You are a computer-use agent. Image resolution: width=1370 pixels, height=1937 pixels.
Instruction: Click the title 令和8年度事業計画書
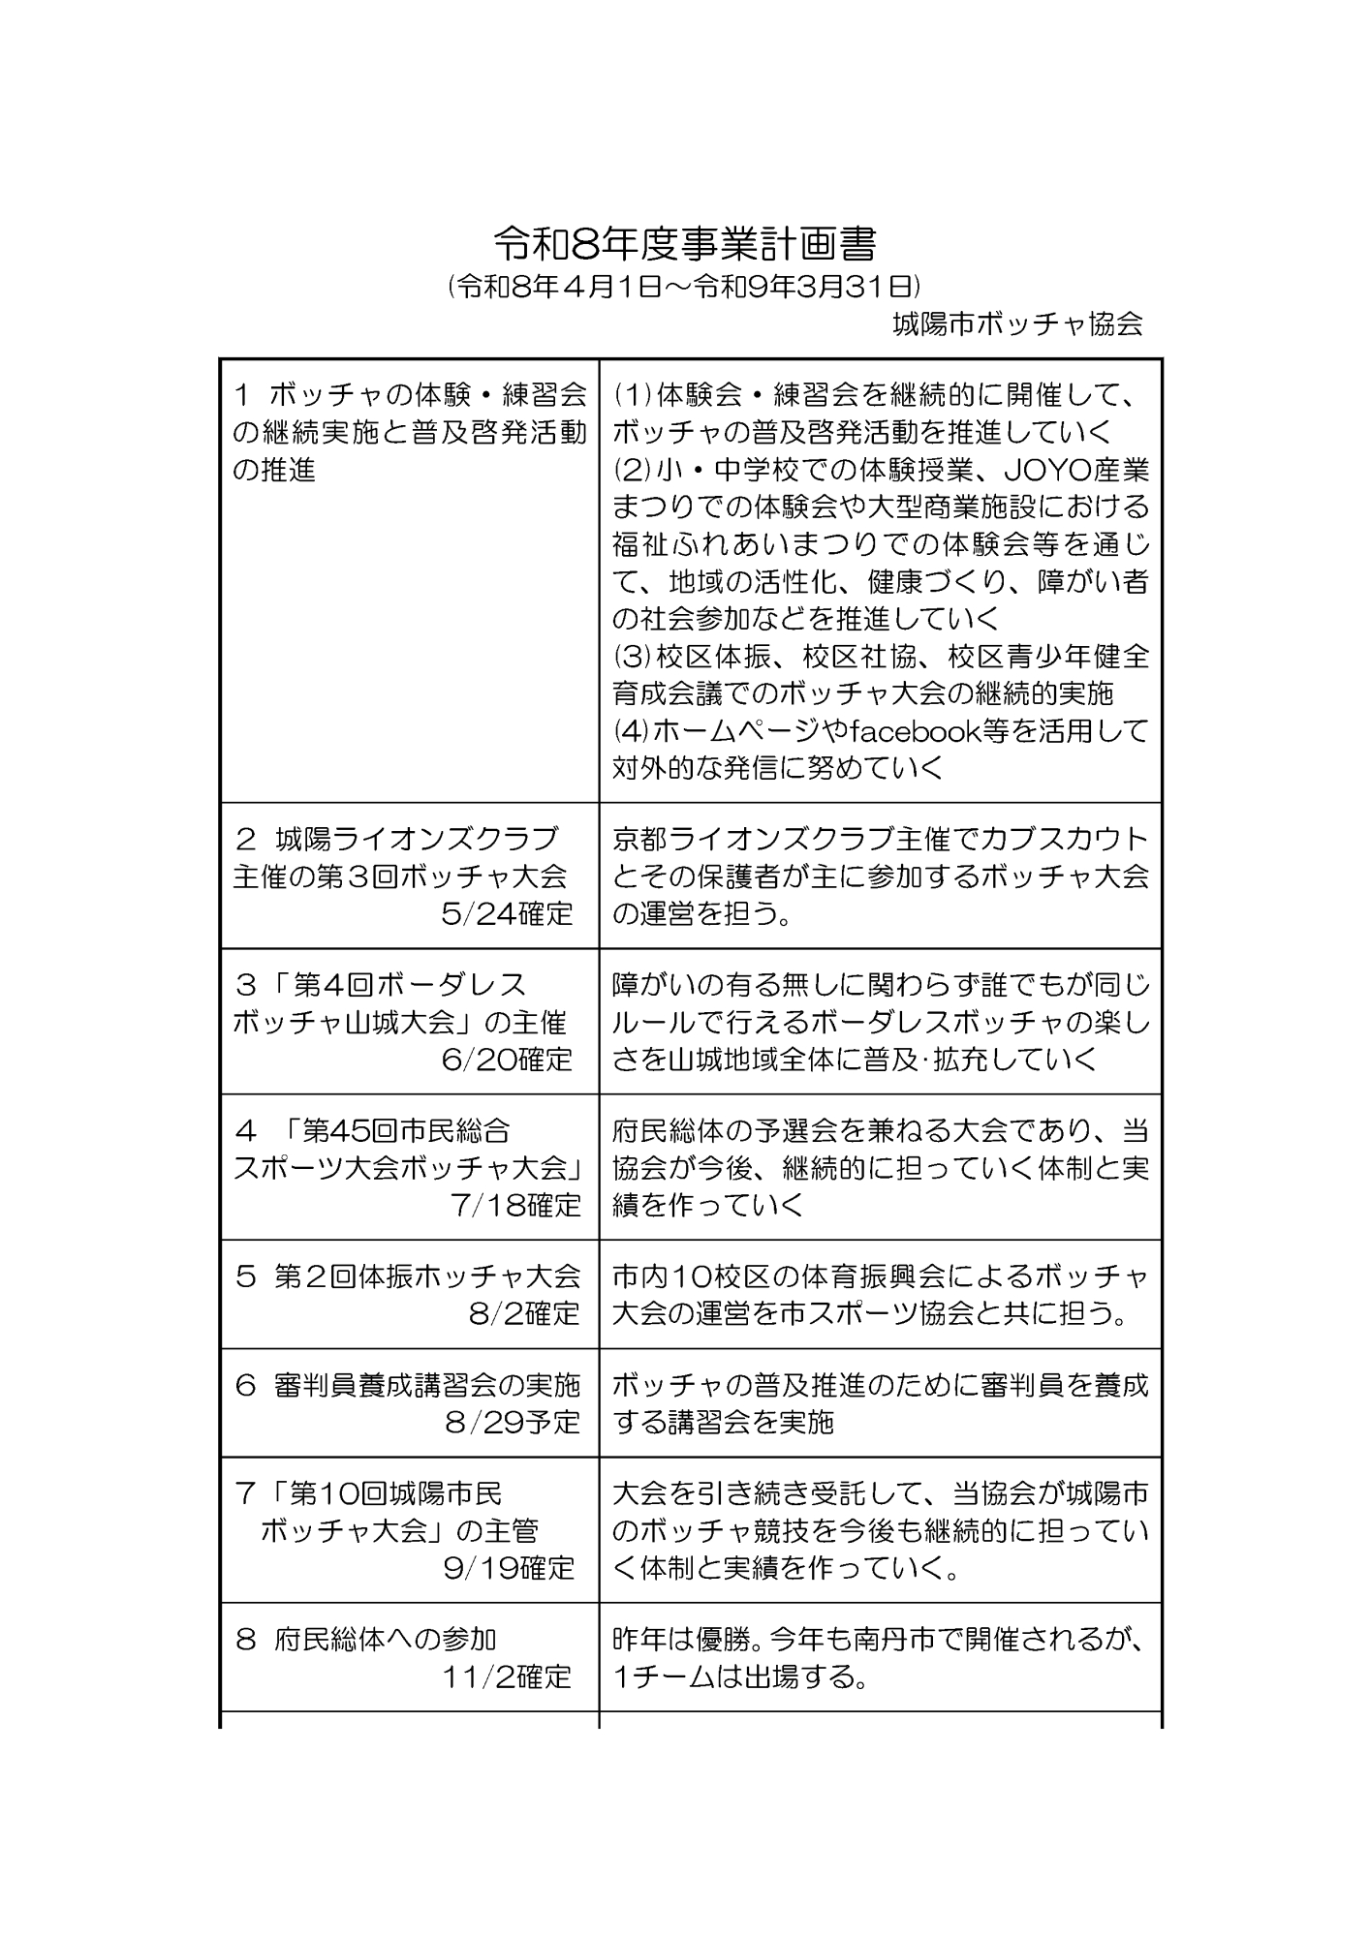click(684, 245)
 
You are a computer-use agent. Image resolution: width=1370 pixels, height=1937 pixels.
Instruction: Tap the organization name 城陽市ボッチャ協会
click(1017, 323)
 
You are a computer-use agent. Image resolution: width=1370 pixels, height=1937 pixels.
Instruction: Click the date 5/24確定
click(507, 913)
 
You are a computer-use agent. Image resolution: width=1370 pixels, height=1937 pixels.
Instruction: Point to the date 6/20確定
click(507, 1060)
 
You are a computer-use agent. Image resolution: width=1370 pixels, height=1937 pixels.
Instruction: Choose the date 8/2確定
click(524, 1313)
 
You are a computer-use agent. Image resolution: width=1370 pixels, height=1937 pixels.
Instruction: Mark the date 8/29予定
click(513, 1422)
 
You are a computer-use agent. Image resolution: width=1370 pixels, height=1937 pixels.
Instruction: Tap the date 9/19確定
click(509, 1568)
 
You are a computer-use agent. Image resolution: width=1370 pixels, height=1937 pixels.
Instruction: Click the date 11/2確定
click(507, 1676)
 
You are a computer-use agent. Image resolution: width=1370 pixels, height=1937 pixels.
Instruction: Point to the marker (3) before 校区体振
click(633, 657)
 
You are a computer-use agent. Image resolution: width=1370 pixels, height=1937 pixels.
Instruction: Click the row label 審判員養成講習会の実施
click(427, 1386)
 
